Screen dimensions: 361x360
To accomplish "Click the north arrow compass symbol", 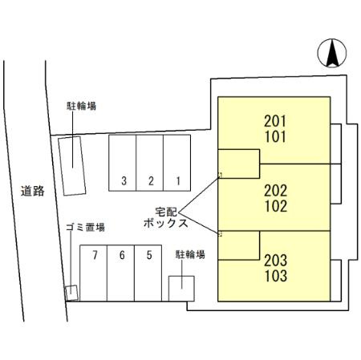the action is click(x=332, y=53).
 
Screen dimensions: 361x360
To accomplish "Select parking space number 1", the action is click(x=176, y=163).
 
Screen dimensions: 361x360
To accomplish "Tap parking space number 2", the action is click(x=149, y=163).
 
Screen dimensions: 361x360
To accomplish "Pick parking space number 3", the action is click(x=122, y=163).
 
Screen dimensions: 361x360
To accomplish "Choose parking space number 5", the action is click(x=148, y=273).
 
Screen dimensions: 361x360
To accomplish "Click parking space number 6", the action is click(x=120, y=273).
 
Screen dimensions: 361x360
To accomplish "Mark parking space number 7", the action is click(x=94, y=273).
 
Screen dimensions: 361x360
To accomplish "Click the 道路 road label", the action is click(x=33, y=191).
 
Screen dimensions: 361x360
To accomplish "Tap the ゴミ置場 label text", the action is click(x=85, y=227).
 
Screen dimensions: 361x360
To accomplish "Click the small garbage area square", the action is click(x=71, y=293).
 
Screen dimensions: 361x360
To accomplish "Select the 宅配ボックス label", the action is click(x=166, y=217).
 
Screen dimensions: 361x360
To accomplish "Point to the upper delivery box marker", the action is click(x=220, y=176).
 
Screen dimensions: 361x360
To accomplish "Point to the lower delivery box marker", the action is click(x=220, y=234).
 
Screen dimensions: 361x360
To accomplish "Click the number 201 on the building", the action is click(x=275, y=121).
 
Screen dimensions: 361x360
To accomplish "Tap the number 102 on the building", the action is click(x=276, y=206).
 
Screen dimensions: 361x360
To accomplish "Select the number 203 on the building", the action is click(x=276, y=261).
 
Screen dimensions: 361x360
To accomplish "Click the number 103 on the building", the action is click(x=276, y=276).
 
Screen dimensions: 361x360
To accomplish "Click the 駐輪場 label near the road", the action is click(x=81, y=106).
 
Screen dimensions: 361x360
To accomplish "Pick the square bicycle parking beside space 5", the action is click(x=181, y=289).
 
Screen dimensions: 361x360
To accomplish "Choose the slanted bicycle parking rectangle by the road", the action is click(x=72, y=166).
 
